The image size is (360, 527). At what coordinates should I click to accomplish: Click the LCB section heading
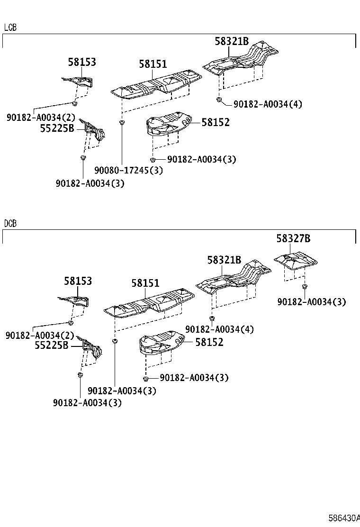pos(10,28)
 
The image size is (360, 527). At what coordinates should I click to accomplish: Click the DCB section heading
pos(10,223)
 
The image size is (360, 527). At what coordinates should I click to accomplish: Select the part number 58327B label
pos(294,239)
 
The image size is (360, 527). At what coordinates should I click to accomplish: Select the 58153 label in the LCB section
pos(81,62)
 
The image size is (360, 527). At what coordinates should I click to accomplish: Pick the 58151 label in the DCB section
pos(145,283)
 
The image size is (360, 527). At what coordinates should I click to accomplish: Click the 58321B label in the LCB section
pos(232,42)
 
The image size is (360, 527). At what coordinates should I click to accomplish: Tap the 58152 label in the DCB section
pos(209,342)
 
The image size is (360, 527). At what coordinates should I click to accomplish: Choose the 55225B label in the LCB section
pos(57,128)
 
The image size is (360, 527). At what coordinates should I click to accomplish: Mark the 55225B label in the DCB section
pos(52,346)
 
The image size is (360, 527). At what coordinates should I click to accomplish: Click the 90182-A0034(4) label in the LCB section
pos(268,104)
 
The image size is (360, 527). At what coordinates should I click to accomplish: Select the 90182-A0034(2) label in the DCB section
pos(40,336)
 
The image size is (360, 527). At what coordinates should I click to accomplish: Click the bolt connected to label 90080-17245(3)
pos(122,123)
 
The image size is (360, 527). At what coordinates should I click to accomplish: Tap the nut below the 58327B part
pos(304,286)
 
